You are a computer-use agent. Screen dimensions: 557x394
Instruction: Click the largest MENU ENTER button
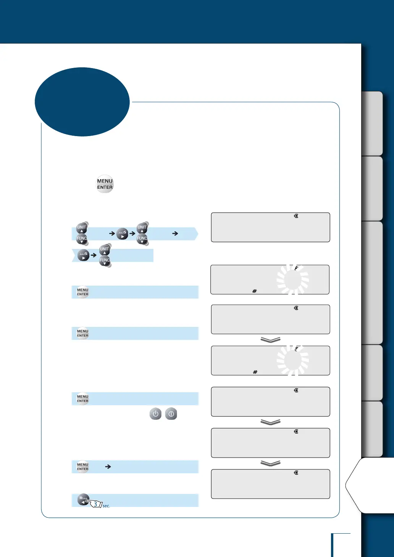105,184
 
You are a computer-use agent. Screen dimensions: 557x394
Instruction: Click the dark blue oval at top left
82,102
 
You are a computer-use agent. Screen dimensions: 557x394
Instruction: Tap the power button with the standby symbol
155,414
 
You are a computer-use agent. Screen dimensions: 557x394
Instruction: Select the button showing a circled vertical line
171,414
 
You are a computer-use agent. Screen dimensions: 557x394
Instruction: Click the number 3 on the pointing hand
95,504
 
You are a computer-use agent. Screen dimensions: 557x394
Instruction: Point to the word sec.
106,506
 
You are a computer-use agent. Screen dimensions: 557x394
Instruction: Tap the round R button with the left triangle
84,499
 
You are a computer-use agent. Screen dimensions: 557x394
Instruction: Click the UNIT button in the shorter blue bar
105,250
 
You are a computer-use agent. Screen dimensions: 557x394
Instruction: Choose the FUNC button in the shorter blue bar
105,261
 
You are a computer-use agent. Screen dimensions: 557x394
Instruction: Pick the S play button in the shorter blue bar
84,255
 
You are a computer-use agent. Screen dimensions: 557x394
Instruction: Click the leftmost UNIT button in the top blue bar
82,228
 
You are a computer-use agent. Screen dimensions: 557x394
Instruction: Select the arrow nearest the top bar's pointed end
175,233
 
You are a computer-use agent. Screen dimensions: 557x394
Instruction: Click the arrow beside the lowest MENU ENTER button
108,467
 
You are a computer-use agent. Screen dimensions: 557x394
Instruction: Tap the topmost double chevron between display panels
270,339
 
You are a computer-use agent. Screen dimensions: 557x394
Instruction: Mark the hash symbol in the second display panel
255,291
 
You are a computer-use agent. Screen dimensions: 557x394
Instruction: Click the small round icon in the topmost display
296,216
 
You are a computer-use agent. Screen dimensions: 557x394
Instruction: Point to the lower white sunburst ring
293,360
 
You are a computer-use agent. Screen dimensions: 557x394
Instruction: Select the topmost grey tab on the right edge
372,123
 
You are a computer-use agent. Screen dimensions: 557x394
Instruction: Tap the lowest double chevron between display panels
270,463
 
